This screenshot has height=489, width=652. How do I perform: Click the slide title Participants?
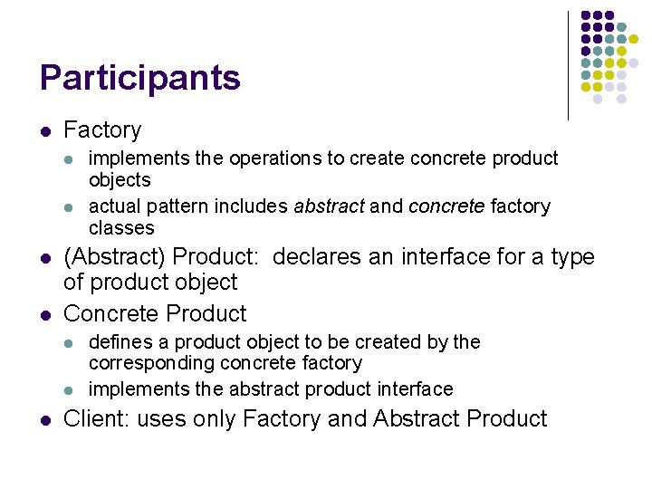click(140, 79)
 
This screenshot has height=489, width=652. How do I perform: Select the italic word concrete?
click(446, 206)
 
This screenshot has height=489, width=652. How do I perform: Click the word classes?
click(121, 228)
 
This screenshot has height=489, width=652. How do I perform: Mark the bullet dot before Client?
click(45, 420)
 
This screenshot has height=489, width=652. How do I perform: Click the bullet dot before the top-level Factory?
click(45, 131)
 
